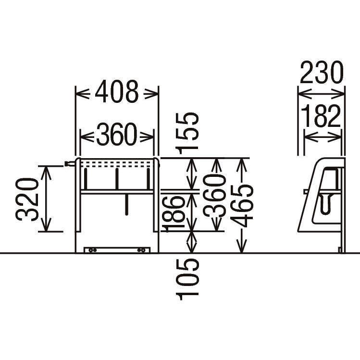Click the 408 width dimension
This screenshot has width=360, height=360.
[117, 91]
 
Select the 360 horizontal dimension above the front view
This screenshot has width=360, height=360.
[117, 134]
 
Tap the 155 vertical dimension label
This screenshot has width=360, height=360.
[186, 133]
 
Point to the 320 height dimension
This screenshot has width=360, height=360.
[27, 199]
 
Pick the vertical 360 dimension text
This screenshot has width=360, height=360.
[214, 196]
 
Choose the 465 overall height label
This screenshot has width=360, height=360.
[242, 206]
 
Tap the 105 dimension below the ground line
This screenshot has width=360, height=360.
[187, 279]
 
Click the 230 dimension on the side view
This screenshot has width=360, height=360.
[322, 72]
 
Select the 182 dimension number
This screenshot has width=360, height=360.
[321, 116]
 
